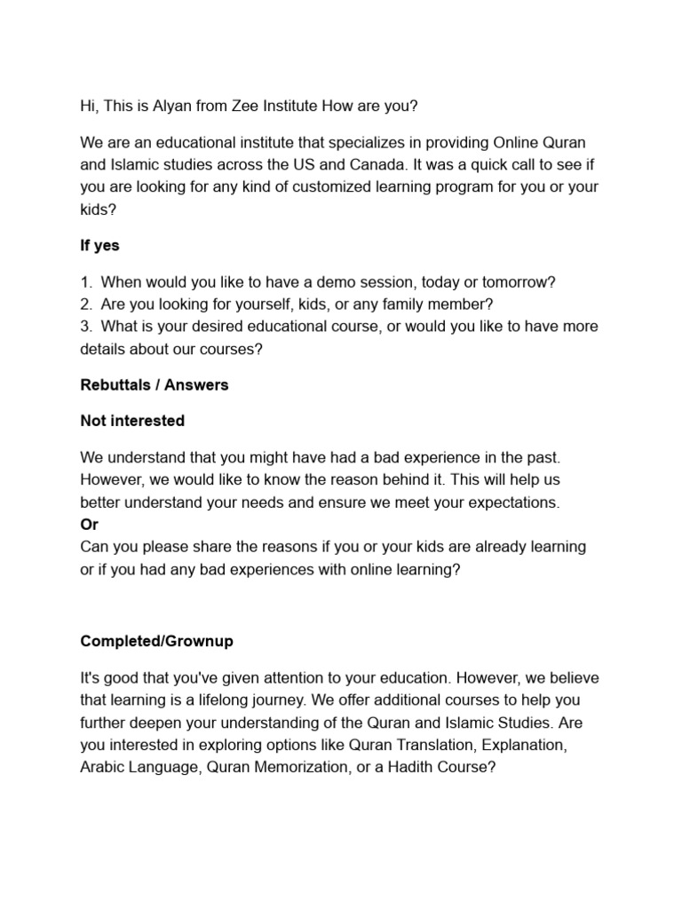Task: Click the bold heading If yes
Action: (x=99, y=245)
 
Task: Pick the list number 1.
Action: (x=85, y=282)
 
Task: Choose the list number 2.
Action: (x=85, y=304)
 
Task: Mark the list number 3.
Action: (x=85, y=327)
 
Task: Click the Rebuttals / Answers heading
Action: (x=154, y=385)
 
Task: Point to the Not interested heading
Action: (x=132, y=421)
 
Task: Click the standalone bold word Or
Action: (x=89, y=524)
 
